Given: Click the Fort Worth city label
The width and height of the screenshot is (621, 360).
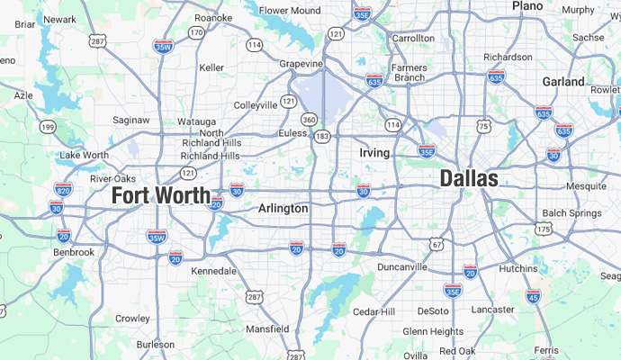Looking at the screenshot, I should point(161,194).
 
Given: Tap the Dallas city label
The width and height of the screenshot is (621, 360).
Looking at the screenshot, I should point(468,178).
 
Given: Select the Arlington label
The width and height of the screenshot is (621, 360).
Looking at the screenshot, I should point(283,208).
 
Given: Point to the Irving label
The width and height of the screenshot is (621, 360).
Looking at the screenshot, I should point(374,153).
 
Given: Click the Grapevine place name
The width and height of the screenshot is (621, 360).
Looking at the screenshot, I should point(301,64).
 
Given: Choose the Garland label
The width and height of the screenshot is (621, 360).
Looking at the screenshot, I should point(563,81).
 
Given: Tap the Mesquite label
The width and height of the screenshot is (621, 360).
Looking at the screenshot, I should point(586,184).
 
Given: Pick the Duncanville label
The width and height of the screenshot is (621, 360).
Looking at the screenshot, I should point(401,267).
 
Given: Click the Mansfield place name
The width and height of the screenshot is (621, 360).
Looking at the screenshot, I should point(267,328).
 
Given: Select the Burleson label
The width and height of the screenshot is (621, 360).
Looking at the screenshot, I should point(155,344).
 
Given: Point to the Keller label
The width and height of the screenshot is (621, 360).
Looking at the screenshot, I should point(211,67).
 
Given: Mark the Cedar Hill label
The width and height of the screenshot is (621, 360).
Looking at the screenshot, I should point(373,311).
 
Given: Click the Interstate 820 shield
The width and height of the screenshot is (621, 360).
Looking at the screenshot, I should point(63,190).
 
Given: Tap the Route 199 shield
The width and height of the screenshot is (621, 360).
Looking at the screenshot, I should point(47,128).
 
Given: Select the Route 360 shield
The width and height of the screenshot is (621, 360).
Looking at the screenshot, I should point(309,119).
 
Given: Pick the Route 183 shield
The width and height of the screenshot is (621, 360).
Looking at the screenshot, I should point(321,135).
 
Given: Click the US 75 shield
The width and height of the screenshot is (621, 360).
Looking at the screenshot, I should point(484,125).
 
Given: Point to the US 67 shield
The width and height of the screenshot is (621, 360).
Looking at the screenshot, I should point(436,244).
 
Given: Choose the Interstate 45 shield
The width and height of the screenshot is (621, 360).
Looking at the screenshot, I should point(533,295).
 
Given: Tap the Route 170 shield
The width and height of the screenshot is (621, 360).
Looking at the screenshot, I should point(196,33).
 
